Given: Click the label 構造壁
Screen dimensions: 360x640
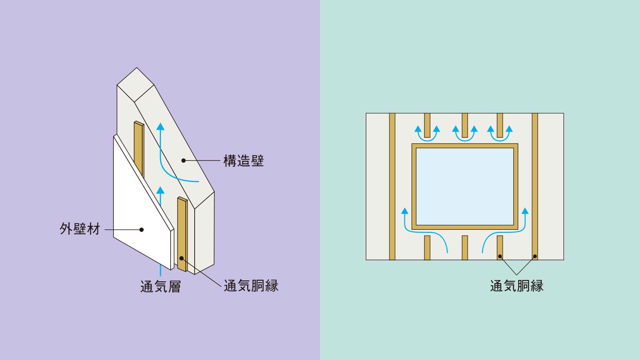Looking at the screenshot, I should click(243, 161).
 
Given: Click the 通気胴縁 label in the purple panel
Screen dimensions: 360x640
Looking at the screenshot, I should click(251, 285).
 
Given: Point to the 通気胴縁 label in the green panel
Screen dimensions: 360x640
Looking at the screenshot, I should click(516, 285).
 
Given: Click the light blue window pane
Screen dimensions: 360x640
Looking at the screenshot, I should click(464, 186).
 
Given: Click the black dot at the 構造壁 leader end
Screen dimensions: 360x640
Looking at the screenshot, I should click(183, 160).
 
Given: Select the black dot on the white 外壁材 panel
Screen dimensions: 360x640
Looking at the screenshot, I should click(141, 230).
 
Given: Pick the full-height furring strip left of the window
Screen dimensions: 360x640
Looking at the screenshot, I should click(392, 187).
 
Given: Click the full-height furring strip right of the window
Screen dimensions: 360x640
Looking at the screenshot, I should click(535, 187).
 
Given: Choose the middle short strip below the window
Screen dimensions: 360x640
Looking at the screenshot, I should click(464, 247).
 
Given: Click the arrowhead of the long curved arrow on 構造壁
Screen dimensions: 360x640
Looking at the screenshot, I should click(161, 126).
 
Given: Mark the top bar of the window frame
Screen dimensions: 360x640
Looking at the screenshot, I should click(464, 146).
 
